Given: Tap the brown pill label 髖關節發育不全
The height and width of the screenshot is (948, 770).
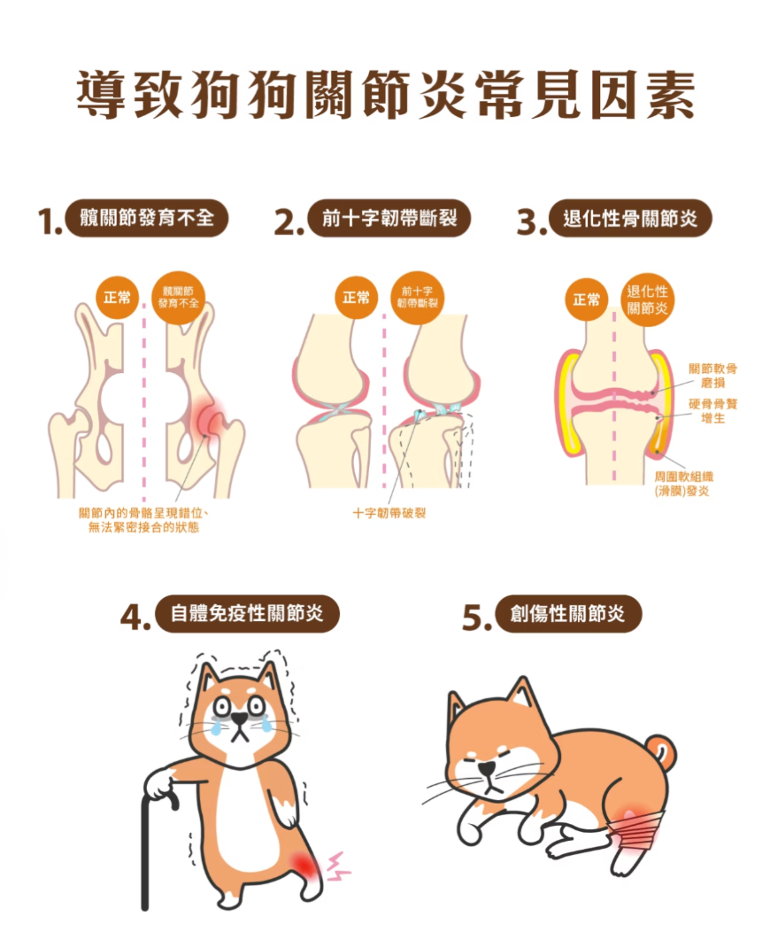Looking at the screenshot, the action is pos(147,218).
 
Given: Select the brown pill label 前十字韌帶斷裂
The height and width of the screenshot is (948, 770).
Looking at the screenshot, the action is pos(389,218).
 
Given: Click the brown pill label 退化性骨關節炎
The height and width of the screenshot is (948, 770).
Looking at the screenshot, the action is pos(630,218).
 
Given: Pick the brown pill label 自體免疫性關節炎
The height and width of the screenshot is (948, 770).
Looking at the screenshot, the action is pos(248,614).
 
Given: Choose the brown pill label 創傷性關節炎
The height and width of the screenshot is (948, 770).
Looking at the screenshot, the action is pos(567,614).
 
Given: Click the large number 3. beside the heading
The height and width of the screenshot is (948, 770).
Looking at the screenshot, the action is pos(531,221).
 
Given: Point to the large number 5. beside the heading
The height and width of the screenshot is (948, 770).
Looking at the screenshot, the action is pos(476,618).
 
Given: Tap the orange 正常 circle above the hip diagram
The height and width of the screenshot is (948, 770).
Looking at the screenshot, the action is pos(117,298).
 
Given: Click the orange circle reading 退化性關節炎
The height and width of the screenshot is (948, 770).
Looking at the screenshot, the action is pos(647,299).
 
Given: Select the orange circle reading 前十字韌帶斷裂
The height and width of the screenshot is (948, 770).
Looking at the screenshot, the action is pos(418,298).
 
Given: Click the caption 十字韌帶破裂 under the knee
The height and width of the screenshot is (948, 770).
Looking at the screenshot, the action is pos(389,513).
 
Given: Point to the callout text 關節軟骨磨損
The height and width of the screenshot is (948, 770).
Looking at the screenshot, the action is pos(712,376).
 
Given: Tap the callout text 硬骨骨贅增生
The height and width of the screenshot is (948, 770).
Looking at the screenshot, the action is pos(713,410).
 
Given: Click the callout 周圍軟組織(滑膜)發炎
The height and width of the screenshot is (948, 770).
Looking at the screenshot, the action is pos(683,484).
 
